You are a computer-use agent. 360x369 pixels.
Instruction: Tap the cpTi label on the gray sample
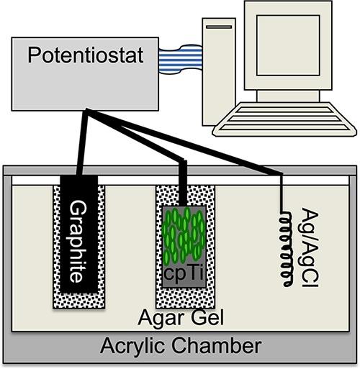tap(183, 275)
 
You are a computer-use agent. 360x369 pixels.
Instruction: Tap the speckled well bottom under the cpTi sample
tap(183, 299)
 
